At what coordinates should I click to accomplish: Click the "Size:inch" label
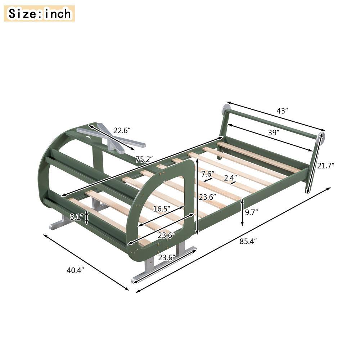click(39, 13)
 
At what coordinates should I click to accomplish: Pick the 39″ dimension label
click(274, 132)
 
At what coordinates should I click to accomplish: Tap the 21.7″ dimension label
click(326, 166)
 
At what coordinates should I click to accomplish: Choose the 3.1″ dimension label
click(77, 217)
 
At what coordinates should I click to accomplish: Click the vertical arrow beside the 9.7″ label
click(242, 213)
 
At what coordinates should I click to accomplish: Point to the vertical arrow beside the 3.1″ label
click(86, 217)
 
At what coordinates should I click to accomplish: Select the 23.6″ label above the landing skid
click(166, 257)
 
